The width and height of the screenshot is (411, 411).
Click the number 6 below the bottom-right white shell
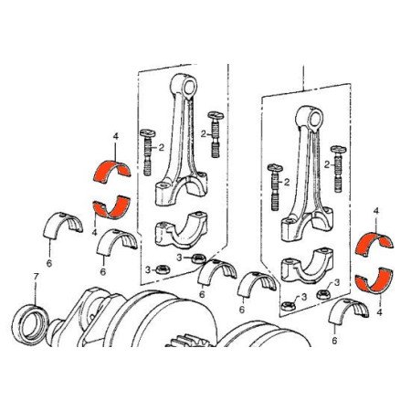335,341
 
